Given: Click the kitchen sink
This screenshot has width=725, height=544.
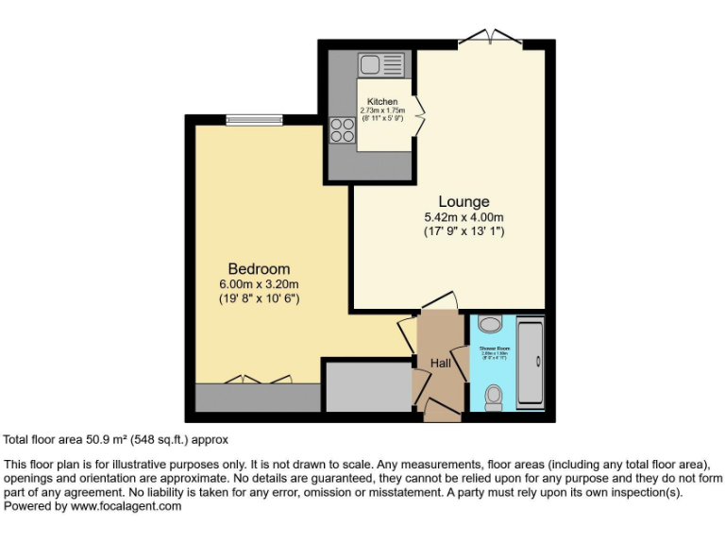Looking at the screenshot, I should pyautogui.click(x=368, y=64).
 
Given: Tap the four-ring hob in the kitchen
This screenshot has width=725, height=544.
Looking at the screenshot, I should pyautogui.click(x=342, y=131).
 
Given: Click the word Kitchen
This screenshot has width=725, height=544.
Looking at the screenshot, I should pyautogui.click(x=382, y=102).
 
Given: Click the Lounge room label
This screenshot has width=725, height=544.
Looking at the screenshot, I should pyautogui.click(x=464, y=201).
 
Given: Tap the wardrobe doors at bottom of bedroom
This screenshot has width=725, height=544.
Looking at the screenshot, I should pyautogui.click(x=258, y=380).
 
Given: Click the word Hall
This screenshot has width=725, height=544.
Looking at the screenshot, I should pyautogui.click(x=441, y=364).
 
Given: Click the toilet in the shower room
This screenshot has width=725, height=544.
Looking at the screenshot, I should pyautogui.click(x=493, y=398).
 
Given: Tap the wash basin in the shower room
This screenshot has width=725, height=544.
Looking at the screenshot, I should pyautogui.click(x=489, y=324).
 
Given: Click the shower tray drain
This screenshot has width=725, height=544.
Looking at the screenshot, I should pyautogui.click(x=538, y=362).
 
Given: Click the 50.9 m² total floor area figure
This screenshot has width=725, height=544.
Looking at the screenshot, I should pyautogui.click(x=95, y=439).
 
